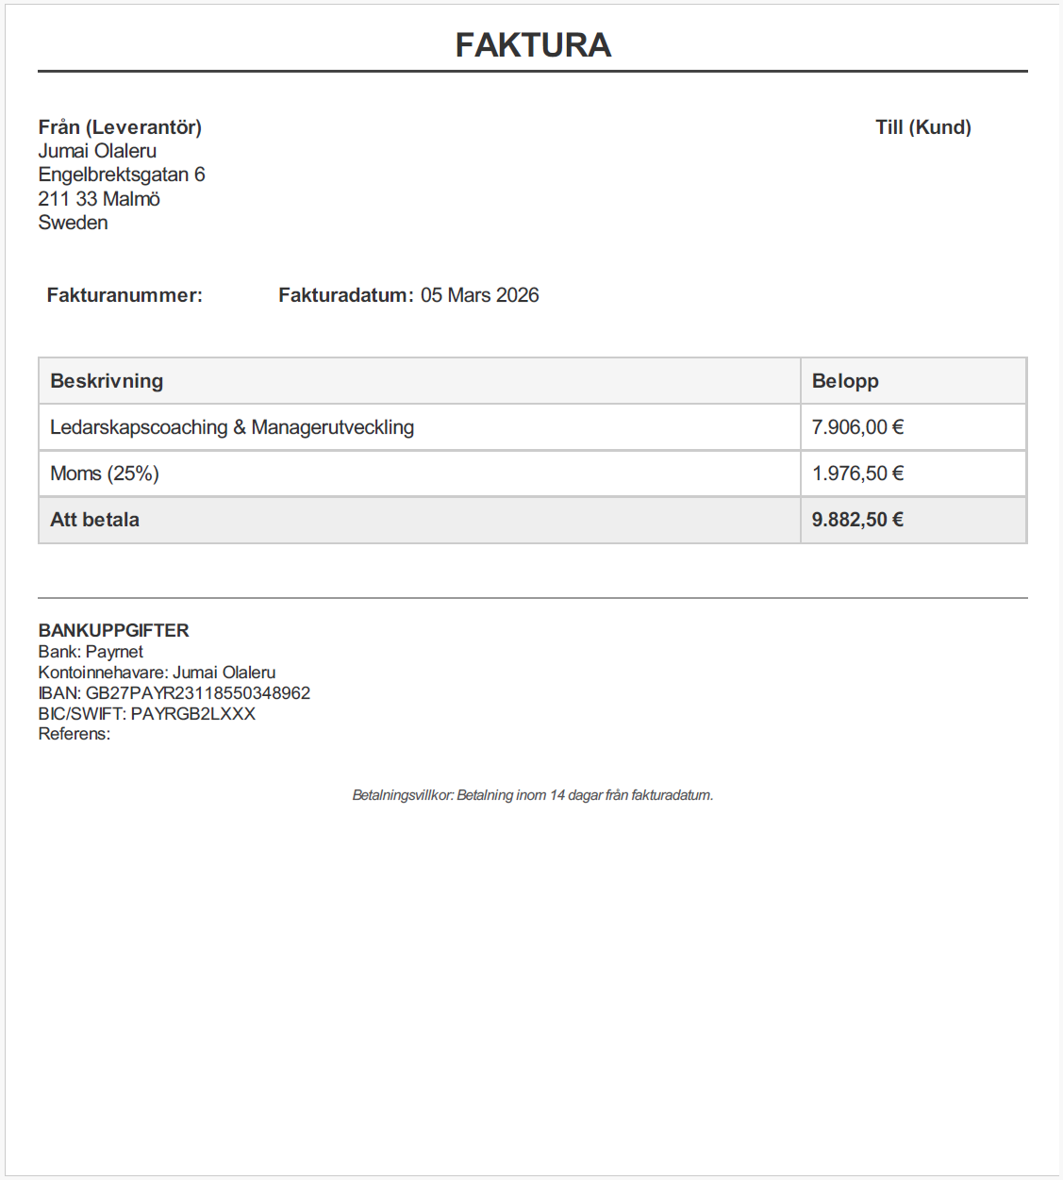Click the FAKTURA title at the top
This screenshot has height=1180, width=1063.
(x=533, y=45)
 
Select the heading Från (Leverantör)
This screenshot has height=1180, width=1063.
(x=120, y=127)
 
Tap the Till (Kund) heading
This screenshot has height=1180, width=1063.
(x=922, y=127)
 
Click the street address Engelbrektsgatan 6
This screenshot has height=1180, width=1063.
(x=122, y=175)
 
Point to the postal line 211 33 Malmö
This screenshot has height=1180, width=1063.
(x=99, y=199)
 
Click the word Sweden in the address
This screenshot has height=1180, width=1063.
(x=73, y=223)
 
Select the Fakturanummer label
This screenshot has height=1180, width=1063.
(x=125, y=295)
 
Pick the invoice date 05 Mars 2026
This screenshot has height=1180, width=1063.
(x=479, y=295)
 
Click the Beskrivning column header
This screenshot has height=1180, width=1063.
(x=107, y=381)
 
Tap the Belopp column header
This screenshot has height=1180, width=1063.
(x=845, y=381)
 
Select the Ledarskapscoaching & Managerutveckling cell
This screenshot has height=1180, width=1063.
(x=232, y=427)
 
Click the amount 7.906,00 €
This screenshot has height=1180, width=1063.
(x=857, y=427)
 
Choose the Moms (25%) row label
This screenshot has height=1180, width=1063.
(x=105, y=474)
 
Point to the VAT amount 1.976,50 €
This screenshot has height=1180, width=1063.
(x=857, y=474)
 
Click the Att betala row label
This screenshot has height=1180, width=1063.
(x=94, y=520)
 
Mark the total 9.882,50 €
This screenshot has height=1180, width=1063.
(x=857, y=520)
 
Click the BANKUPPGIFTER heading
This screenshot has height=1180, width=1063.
(x=113, y=630)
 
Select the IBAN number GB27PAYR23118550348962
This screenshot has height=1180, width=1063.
(x=198, y=693)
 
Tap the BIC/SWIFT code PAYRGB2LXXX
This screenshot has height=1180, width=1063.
(x=192, y=714)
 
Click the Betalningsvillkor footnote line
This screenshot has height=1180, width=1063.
(x=532, y=795)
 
